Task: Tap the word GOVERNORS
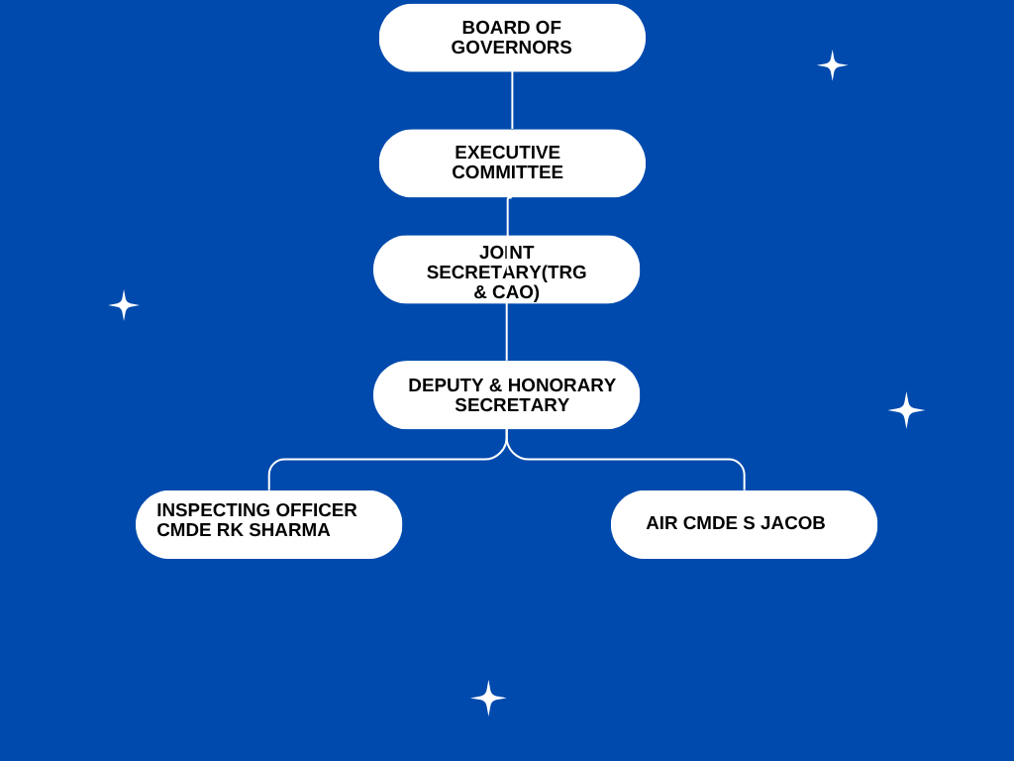[x=511, y=48]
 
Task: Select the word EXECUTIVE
[x=507, y=153]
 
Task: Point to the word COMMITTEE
[x=507, y=172]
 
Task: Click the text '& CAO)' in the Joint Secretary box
[x=506, y=292]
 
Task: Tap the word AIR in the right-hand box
[x=662, y=523]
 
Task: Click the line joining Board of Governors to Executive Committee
[x=512, y=100]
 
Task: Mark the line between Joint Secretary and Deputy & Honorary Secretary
[x=507, y=332]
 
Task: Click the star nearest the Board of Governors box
[x=832, y=65]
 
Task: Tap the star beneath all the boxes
[x=488, y=698]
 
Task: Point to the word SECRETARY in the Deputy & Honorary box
[x=512, y=405]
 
